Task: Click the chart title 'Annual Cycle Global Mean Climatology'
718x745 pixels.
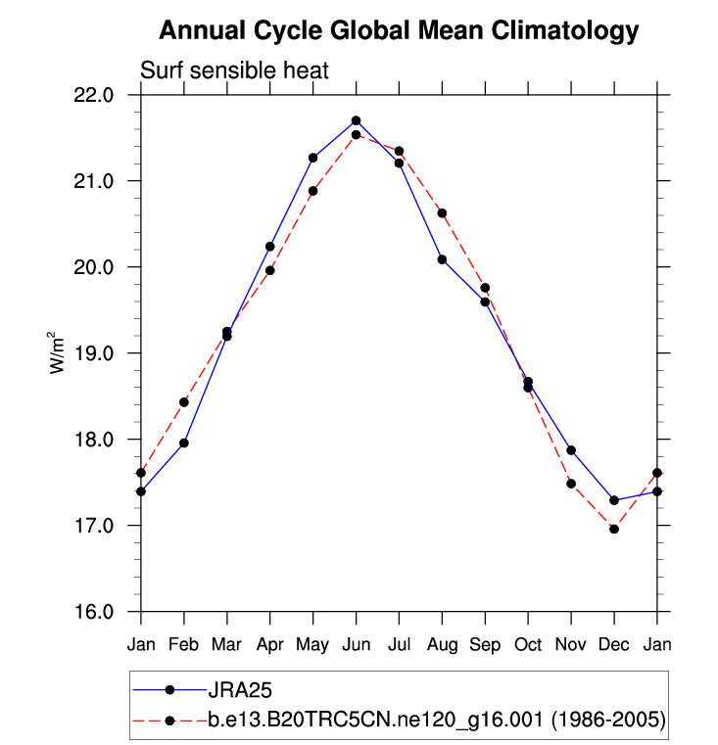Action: pyautogui.click(x=399, y=30)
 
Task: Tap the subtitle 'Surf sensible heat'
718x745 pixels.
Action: pyautogui.click(x=234, y=70)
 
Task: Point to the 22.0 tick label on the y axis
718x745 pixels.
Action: pyautogui.click(x=95, y=95)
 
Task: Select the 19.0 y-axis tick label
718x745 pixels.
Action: pyautogui.click(x=95, y=353)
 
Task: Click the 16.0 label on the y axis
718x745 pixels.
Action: pyautogui.click(x=95, y=612)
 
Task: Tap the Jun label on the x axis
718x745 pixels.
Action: pyautogui.click(x=356, y=645)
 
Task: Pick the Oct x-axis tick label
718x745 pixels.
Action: pyautogui.click(x=528, y=645)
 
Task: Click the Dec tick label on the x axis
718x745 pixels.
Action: pyautogui.click(x=614, y=645)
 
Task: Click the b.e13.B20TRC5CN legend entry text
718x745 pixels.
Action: pyautogui.click(x=436, y=722)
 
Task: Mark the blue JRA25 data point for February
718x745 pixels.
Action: pyautogui.click(x=184, y=443)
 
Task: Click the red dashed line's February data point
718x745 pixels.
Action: pyautogui.click(x=184, y=402)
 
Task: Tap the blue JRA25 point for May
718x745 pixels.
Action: pyautogui.click(x=313, y=158)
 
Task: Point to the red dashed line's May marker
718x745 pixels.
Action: pyautogui.click(x=313, y=191)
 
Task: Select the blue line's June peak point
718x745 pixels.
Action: pyautogui.click(x=357, y=120)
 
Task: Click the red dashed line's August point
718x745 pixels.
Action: pyautogui.click(x=442, y=213)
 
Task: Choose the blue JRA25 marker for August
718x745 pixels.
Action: pyautogui.click(x=442, y=259)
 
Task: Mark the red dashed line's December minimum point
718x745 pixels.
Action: pyautogui.click(x=614, y=529)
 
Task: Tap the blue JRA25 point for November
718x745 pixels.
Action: pyautogui.click(x=571, y=450)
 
